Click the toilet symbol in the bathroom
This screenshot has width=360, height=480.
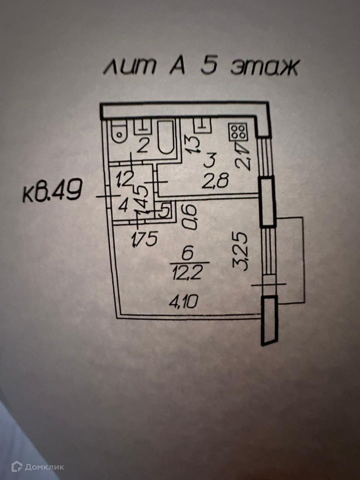[x=120, y=131]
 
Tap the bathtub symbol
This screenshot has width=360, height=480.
[x=165, y=137]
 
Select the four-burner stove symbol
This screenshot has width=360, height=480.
[x=237, y=132]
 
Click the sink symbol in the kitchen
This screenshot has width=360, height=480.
[x=201, y=125]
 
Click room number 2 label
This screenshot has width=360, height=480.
[x=143, y=146]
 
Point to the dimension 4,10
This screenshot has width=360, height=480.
[x=185, y=301]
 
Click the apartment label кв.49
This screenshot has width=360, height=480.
[x=51, y=192]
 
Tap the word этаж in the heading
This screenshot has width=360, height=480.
[x=264, y=67]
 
